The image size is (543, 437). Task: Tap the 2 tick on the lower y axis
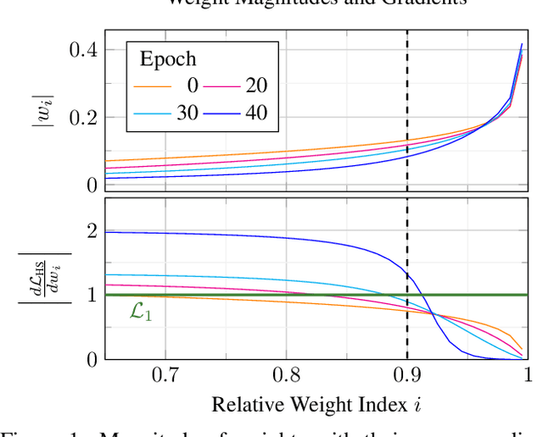pos(91,231)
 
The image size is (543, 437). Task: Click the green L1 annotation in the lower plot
pos(142,312)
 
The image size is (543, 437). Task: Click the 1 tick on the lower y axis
pos(91,296)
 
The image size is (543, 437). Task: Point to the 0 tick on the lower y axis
pos(91,359)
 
